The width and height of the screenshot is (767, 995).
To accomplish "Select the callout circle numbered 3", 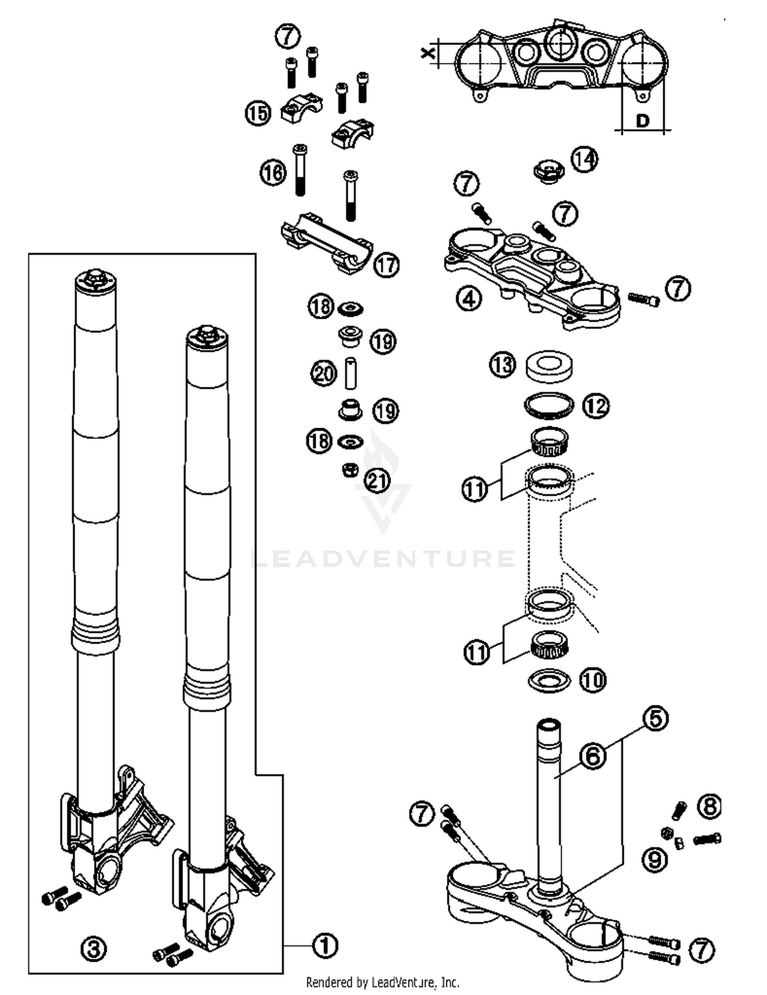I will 94,949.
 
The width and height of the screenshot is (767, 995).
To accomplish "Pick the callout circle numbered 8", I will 709,807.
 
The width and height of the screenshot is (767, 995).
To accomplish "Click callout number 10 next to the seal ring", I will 593,680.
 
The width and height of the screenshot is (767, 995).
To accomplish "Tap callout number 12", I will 596,406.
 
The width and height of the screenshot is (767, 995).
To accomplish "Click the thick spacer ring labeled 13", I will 549,366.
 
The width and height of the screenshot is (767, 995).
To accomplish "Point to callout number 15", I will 258,113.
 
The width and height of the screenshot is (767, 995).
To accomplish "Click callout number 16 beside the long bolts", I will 273,172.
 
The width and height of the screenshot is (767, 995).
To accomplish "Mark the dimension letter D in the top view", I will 642,121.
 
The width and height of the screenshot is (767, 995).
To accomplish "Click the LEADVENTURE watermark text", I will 383,558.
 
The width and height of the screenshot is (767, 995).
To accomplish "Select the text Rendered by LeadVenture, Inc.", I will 382,982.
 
